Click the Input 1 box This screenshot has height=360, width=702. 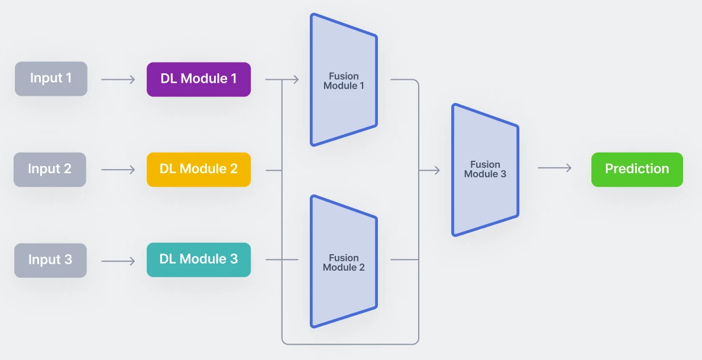click(51, 79)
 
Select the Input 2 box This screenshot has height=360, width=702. click(50, 169)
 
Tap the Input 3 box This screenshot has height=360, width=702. click(50, 260)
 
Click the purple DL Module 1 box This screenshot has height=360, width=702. click(199, 79)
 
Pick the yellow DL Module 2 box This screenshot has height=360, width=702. click(199, 170)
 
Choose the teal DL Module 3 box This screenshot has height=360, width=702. click(199, 260)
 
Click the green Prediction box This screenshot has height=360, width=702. click(637, 169)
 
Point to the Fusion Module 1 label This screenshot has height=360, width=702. click(344, 81)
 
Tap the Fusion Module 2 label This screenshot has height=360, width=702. click(344, 262)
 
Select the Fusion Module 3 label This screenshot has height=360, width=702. click(485, 169)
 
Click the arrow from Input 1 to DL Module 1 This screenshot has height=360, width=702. click(118, 79)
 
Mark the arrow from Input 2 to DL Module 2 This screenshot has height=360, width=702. click(118, 170)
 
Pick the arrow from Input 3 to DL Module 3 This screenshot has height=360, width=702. click(118, 260)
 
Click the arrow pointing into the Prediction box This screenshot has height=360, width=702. click(555, 168)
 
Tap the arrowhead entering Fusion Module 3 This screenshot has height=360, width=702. click(437, 170)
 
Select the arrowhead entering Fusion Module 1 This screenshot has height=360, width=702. click(296, 79)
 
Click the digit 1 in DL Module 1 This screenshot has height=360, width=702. click(234, 79)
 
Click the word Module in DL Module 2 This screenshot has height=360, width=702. click(203, 169)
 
